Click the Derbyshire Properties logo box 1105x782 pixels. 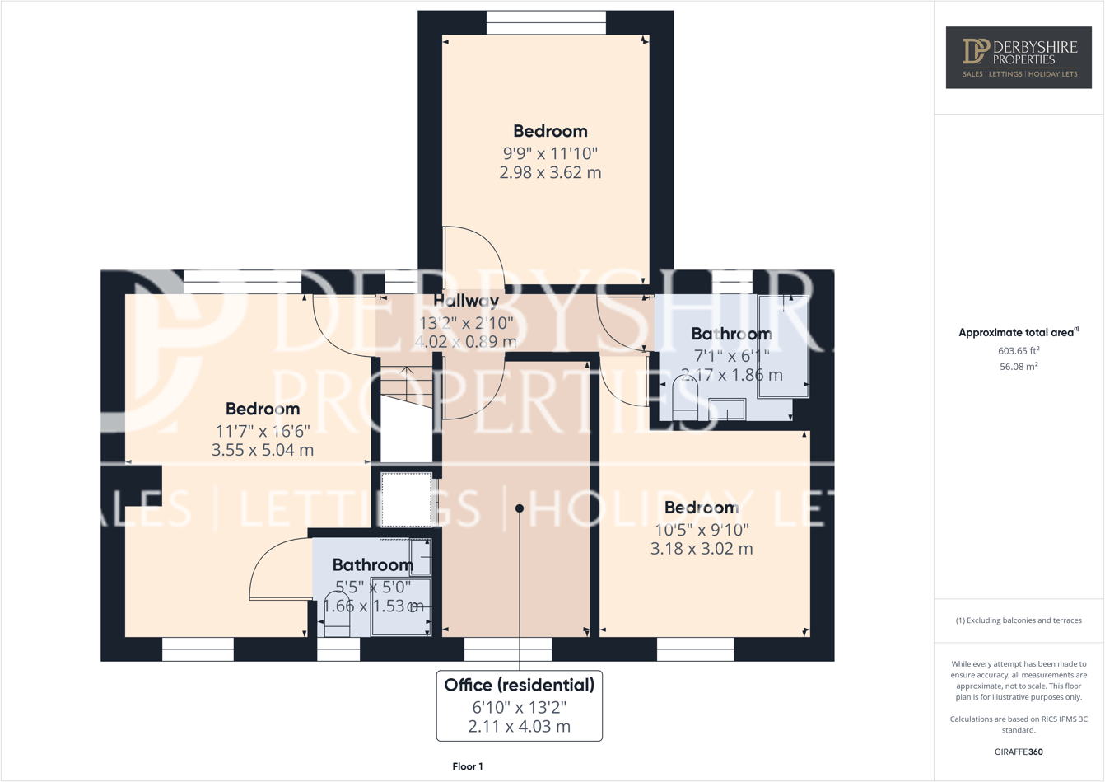(1019, 57)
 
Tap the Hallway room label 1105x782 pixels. (466, 301)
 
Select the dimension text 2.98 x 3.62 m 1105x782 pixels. (550, 173)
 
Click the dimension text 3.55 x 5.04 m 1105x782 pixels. (263, 450)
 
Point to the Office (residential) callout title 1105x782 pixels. (519, 685)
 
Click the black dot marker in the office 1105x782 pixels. (520, 508)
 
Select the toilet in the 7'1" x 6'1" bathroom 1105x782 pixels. (685, 399)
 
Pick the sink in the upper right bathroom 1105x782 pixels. (727, 409)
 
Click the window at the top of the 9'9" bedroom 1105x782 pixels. (546, 22)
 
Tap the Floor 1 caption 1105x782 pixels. (468, 766)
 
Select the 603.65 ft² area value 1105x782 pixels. (1019, 350)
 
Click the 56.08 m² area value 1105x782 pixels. (1019, 367)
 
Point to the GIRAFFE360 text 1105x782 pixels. (1019, 752)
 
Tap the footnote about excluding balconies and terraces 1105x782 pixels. (1019, 620)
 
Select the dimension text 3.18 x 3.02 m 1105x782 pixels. (702, 549)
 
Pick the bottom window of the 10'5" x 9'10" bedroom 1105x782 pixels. (695, 649)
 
